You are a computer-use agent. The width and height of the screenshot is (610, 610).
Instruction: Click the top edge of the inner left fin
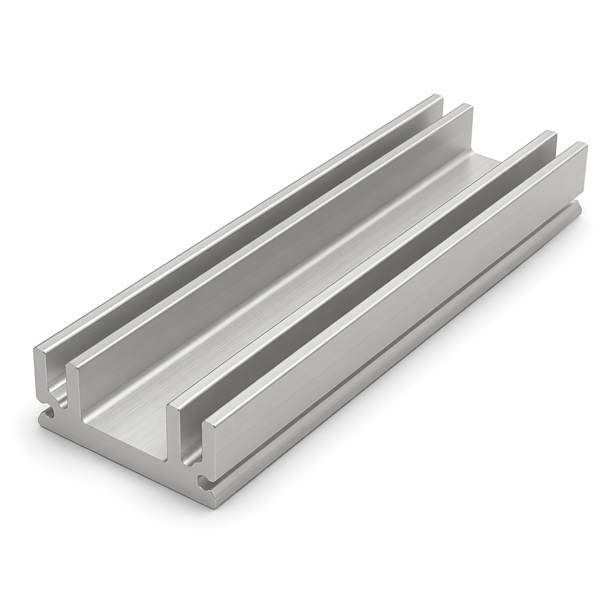click(x=268, y=232)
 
